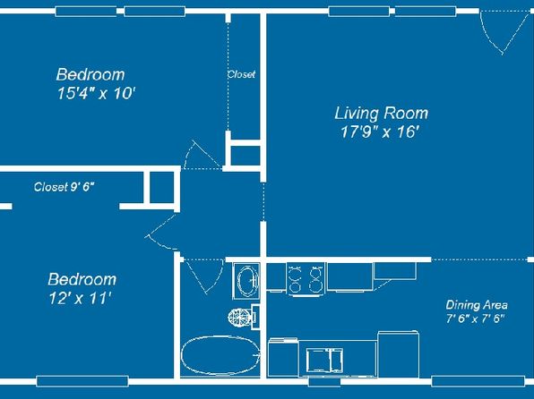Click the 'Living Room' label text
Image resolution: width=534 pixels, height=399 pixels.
pyautogui.click(x=381, y=114)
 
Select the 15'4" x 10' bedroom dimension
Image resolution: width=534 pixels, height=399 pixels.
pyautogui.click(x=95, y=93)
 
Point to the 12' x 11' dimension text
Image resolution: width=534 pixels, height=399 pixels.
pyautogui.click(x=80, y=298)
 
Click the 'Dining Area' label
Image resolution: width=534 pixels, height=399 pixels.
pyautogui.click(x=475, y=304)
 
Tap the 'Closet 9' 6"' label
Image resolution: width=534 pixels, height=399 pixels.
pyautogui.click(x=64, y=187)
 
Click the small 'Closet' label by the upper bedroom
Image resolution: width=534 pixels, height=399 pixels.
pyautogui.click(x=241, y=75)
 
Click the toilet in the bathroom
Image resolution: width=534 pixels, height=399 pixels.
pyautogui.click(x=240, y=315)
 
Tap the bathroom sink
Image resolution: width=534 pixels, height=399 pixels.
pyautogui.click(x=245, y=280)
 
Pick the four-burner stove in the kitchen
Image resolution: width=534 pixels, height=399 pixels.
pyautogui.click(x=306, y=277)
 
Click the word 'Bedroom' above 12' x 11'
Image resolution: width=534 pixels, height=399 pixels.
pyautogui.click(x=82, y=279)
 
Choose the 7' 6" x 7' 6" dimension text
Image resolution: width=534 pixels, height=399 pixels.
pyautogui.click(x=475, y=318)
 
